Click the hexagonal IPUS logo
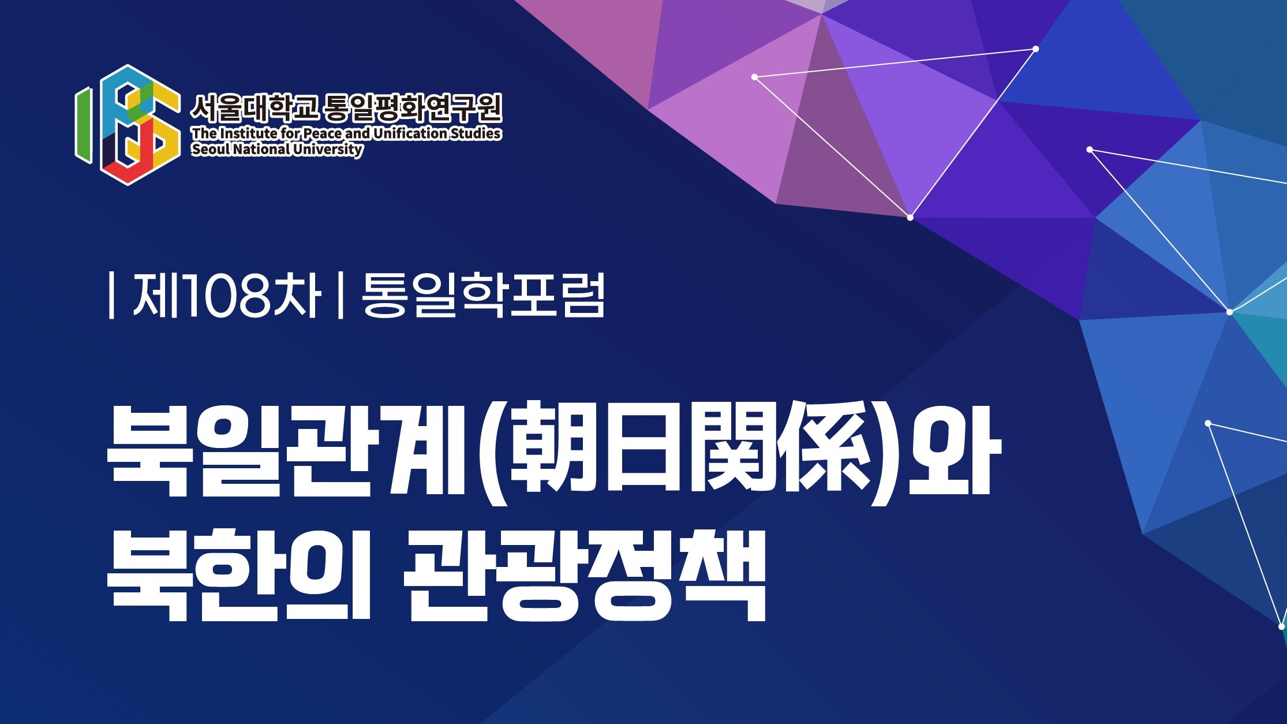pos(127,125)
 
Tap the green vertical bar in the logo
pos(83,125)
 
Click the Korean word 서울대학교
pos(255,108)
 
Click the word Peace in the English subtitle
pos(323,133)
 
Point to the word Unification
pos(410,133)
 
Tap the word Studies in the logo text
pos(476,133)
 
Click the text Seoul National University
pos(277,150)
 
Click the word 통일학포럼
pos(483,296)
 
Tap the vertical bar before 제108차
pos(111,296)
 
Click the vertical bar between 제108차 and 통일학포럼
pos(340,296)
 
